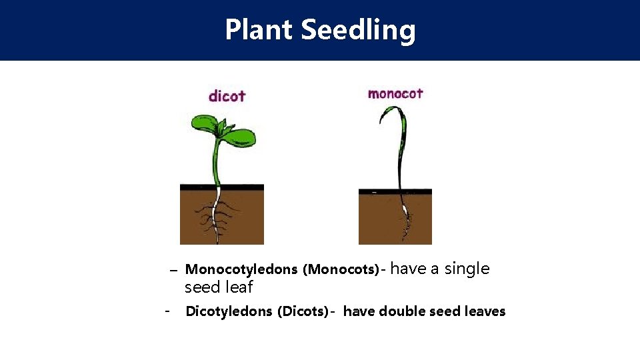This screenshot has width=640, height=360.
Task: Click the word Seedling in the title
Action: tap(358, 30)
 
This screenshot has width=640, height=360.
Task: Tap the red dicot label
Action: tap(227, 96)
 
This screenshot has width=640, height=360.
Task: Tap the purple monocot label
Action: tap(395, 93)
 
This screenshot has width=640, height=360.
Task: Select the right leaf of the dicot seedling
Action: tap(240, 137)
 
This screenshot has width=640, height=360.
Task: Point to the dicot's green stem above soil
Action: tap(216, 163)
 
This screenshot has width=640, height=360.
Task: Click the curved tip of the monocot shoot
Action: tap(383, 113)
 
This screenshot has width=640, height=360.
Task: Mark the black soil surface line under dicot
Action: tap(221, 187)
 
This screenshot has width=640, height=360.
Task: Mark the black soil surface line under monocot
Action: tap(395, 191)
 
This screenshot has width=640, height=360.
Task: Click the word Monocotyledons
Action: tap(241, 269)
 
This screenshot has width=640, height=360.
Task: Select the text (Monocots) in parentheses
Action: tap(341, 269)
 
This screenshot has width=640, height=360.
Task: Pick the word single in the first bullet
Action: tap(467, 269)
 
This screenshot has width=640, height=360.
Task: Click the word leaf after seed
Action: tap(239, 287)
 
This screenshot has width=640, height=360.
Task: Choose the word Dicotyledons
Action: tap(229, 311)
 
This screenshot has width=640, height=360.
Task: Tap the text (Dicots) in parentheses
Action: tap(303, 311)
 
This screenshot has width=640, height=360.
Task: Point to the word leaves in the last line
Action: tap(483, 311)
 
